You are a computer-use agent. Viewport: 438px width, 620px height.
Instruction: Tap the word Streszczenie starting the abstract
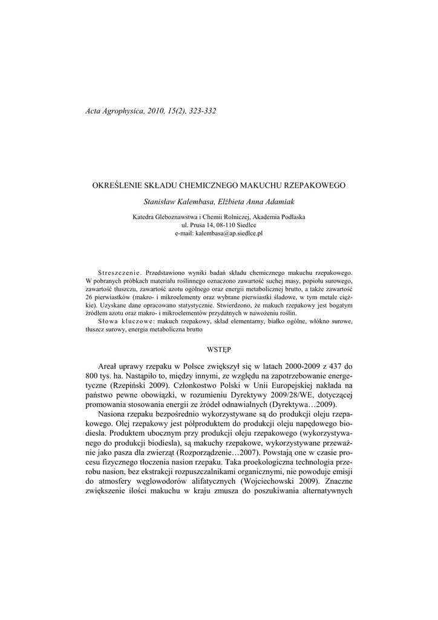119,273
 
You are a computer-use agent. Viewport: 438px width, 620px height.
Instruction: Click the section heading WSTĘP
218,349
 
